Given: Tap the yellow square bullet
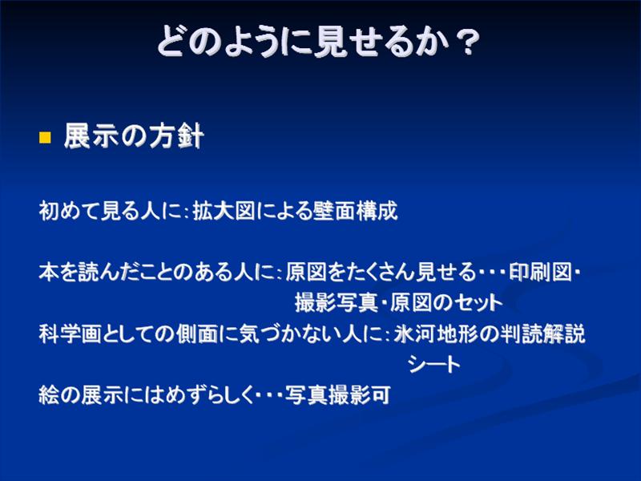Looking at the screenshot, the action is click(45, 137).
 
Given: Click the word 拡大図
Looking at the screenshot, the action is click(224, 211).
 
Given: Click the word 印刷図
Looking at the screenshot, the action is click(540, 272).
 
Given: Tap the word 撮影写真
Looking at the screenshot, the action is click(336, 303).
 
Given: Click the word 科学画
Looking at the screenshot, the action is click(70, 333).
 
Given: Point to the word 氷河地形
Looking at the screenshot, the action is click(435, 333).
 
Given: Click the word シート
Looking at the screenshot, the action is click(433, 364).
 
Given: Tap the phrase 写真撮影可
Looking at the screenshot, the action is click(337, 394).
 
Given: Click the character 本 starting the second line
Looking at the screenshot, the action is click(49, 272).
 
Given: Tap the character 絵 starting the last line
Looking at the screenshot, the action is click(49, 394).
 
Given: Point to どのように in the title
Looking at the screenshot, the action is click(234, 40).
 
